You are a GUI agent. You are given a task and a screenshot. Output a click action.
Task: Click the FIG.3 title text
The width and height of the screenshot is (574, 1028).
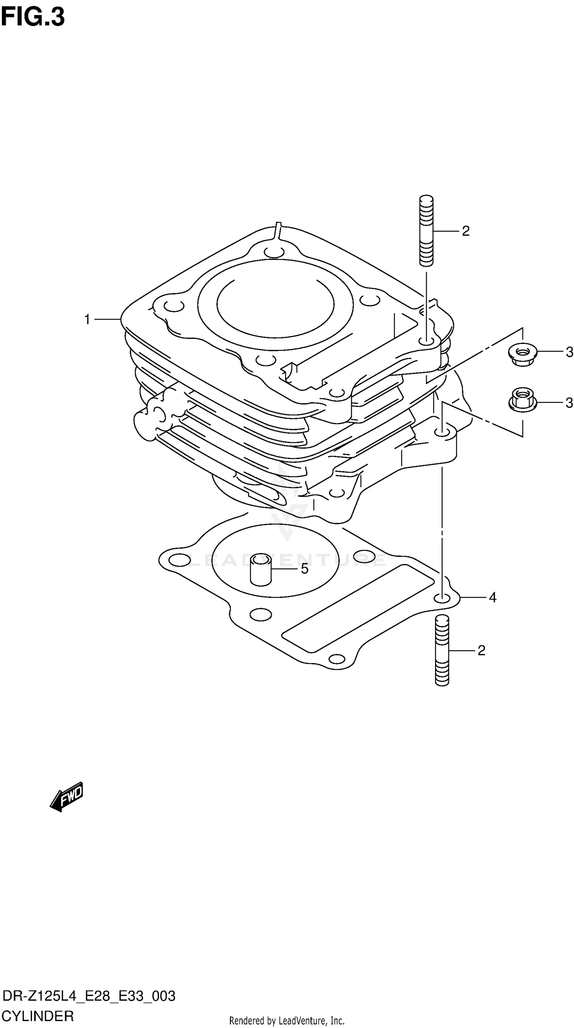coord(33,18)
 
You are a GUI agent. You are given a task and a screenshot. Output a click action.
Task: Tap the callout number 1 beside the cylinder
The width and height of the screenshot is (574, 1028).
coord(87,319)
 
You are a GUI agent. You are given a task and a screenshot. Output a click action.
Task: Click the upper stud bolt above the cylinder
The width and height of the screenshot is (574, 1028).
coord(426,230)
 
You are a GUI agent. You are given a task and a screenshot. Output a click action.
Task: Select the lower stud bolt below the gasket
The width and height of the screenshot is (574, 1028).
coord(442,650)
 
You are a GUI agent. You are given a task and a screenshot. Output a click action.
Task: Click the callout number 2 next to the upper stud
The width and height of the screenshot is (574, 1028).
coord(466,231)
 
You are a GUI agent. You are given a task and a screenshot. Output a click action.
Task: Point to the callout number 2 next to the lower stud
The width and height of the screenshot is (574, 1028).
coord(481,651)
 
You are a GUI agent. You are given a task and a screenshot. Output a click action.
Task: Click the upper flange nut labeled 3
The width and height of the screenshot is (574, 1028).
coord(522,352)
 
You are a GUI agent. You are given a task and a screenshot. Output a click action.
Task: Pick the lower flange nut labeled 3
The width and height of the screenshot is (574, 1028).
coord(522,400)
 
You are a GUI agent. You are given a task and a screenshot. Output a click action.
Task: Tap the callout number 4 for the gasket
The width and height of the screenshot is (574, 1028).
coord(492,597)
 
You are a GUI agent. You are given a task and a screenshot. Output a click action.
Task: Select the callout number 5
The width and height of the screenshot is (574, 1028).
coord(305,569)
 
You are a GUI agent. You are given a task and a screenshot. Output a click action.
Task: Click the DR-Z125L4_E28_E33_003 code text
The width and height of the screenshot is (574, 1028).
coord(89,996)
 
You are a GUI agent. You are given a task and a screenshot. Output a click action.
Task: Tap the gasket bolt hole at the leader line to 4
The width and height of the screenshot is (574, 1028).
coord(441,598)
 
